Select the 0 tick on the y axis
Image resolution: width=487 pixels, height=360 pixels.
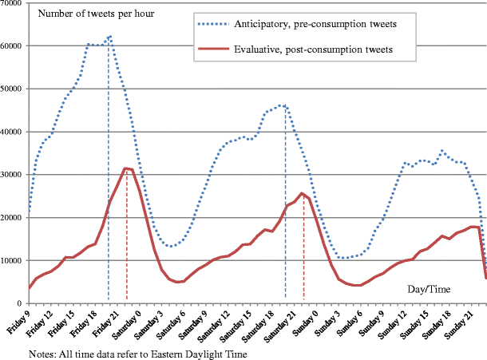(22, 303)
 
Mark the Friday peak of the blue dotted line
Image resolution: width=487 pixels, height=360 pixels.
(109, 36)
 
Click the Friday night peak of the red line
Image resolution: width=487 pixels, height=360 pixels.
(126, 168)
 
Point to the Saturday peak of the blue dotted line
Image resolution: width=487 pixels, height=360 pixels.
(285, 105)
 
